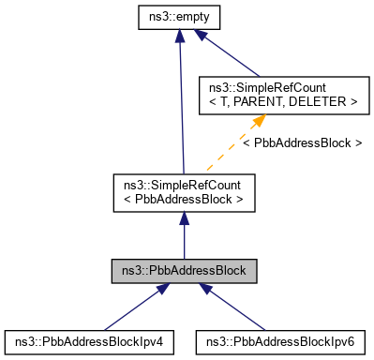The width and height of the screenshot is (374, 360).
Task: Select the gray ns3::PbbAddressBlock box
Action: (x=184, y=271)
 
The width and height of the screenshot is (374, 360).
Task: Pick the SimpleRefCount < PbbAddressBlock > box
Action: (x=184, y=190)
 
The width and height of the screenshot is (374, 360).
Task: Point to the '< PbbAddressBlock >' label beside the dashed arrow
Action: (x=302, y=142)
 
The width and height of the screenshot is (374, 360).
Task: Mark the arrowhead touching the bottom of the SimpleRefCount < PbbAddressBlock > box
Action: (x=184, y=217)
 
